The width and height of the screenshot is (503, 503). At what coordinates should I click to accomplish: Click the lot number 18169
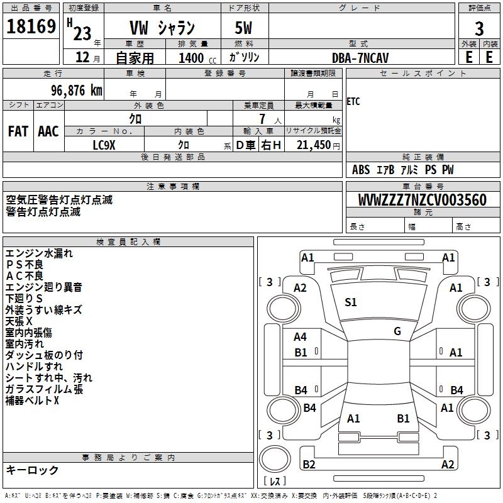tap(31, 28)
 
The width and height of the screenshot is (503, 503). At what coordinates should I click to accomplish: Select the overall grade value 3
tap(479, 28)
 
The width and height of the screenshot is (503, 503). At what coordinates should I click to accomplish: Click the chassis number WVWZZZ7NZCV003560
tap(423, 200)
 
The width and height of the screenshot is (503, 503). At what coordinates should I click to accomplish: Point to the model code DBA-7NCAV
tap(360, 57)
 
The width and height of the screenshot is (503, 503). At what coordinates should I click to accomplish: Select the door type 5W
tap(245, 28)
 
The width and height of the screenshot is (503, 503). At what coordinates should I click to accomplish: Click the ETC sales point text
tap(354, 102)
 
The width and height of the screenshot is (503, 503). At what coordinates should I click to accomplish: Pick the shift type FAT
tap(18, 131)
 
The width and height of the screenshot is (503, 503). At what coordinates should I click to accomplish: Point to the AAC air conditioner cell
tap(48, 131)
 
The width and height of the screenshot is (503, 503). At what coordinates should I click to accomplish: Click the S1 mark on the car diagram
tap(351, 302)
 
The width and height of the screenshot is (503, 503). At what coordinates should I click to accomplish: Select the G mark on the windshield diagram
tap(397, 331)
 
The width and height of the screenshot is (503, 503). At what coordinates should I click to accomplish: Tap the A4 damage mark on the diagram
tap(301, 337)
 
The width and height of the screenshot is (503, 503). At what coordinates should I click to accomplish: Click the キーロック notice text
tap(32, 470)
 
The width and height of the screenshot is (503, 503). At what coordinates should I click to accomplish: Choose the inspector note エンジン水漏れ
tap(39, 254)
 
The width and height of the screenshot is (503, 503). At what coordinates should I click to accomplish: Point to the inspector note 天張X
tap(19, 321)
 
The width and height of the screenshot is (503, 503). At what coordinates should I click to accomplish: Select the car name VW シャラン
tap(162, 28)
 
